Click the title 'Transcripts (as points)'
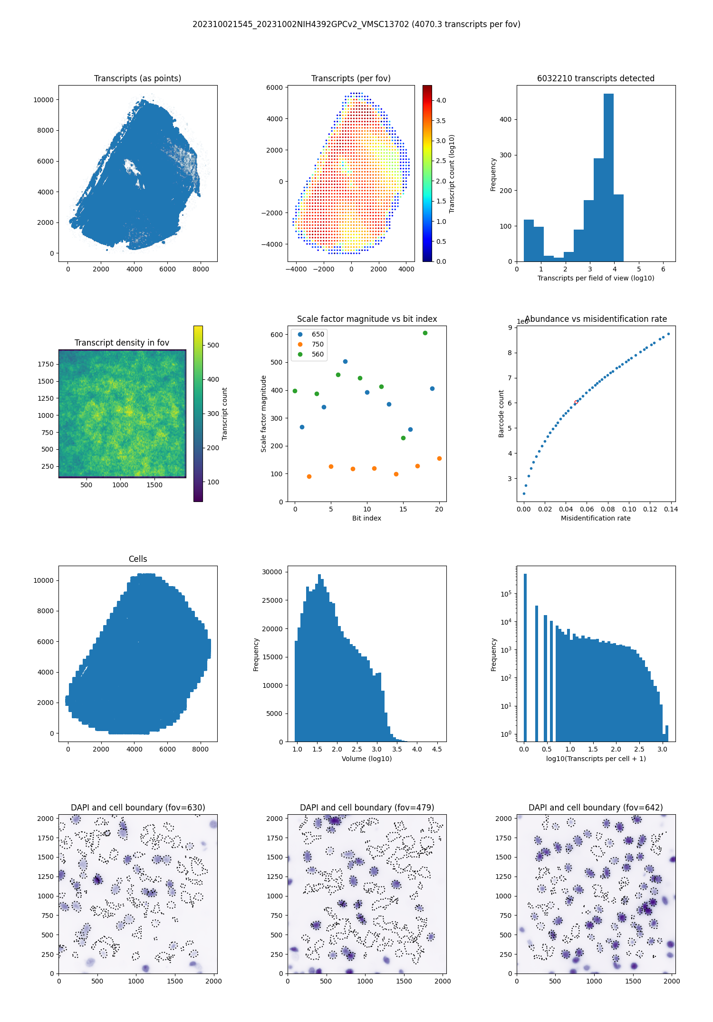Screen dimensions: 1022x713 137,78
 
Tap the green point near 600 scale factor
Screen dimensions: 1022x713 425,333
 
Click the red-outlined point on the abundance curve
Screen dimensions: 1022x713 576,402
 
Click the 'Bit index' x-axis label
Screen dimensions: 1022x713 366,518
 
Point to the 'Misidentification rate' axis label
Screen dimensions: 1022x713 596,518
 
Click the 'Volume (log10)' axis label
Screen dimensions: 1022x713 366,759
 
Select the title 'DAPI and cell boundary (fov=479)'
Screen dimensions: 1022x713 367,808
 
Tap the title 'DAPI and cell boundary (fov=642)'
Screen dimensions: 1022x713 596,808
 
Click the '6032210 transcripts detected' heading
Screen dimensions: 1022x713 596,78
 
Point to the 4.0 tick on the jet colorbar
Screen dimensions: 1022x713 441,100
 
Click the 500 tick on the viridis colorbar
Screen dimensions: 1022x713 213,345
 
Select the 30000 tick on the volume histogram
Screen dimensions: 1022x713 272,572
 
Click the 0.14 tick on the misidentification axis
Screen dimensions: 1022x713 671,509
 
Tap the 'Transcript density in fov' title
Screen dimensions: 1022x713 122,343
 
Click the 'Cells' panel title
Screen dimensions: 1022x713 138,559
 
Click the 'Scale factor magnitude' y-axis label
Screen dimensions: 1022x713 263,414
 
